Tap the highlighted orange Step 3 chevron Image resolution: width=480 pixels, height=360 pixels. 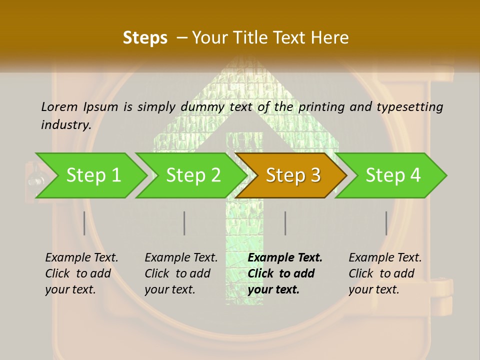(292, 175)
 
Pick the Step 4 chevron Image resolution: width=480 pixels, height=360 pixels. (393, 175)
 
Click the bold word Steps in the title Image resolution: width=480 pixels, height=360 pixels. (145, 38)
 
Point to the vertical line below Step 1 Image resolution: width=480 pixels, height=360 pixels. (84, 223)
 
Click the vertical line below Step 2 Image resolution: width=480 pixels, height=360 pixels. (184, 223)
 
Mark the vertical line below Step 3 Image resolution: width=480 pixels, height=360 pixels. (285, 223)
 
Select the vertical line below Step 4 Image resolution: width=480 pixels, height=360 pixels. (386, 223)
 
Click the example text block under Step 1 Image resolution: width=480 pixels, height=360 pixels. (81, 273)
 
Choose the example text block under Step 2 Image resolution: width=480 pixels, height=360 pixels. (181, 273)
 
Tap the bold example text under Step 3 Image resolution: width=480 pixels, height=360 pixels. (285, 273)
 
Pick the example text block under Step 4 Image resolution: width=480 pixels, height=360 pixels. (385, 273)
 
